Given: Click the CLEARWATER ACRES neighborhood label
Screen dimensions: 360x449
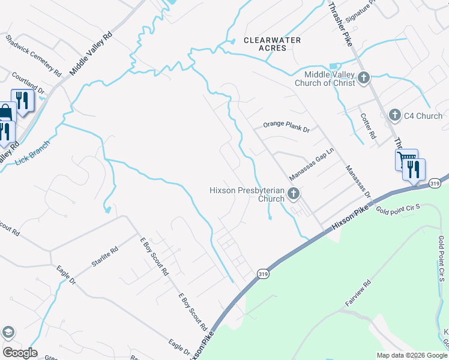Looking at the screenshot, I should tap(273, 44).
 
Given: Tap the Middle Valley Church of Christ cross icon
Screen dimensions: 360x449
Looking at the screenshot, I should tap(364, 77).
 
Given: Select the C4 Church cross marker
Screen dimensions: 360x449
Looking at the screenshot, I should tap(395, 115).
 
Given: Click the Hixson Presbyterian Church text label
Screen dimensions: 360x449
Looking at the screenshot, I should tap(246, 194).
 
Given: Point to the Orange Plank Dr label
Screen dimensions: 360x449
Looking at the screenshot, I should tap(286, 128).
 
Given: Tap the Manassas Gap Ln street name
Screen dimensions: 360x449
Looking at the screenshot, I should tap(311, 166).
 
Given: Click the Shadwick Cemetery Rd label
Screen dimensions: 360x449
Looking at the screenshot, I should tap(34, 55).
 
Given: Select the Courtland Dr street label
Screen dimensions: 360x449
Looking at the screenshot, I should tap(29, 83).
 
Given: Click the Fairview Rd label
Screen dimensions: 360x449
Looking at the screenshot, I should tap(358, 293).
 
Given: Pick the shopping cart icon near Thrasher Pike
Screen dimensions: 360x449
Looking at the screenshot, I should tap(406, 160).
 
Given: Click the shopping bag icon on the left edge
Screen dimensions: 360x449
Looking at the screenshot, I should tap(5, 112).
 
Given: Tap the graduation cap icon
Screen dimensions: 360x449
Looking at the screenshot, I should tap(8, 332).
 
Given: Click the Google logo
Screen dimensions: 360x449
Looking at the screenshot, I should tap(19, 353).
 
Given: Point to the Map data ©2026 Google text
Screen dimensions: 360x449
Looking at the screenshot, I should tap(411, 355).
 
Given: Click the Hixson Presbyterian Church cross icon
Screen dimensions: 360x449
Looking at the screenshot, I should tap(294, 193).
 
